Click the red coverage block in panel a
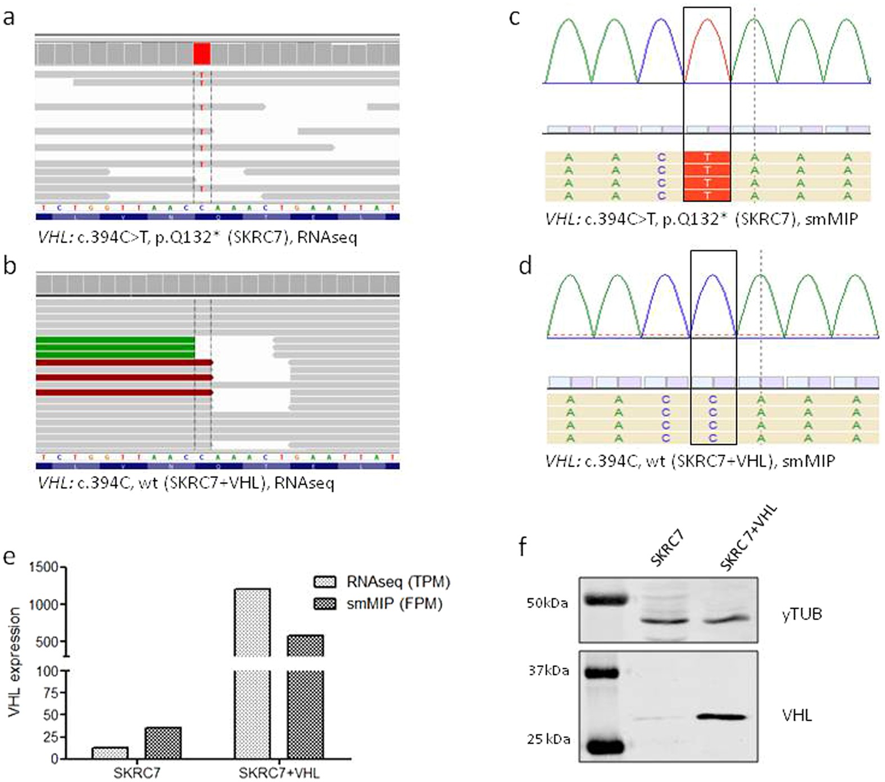pyautogui.click(x=202, y=54)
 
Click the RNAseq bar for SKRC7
pyautogui.click(x=110, y=753)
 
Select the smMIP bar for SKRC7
pyautogui.click(x=163, y=743)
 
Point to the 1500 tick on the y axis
pyautogui.click(x=44, y=567)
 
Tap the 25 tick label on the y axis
pyautogui.click(x=51, y=737)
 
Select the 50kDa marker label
pyautogui.click(x=547, y=603)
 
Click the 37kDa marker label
pyautogui.click(x=548, y=671)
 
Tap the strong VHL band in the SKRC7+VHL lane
pyautogui.click(x=721, y=717)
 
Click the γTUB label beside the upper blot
pyautogui.click(x=802, y=614)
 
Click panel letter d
pyautogui.click(x=525, y=266)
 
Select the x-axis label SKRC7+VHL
pyautogui.click(x=279, y=773)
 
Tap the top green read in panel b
pyautogui.click(x=115, y=340)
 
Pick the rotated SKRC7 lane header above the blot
pyautogui.click(x=668, y=548)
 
